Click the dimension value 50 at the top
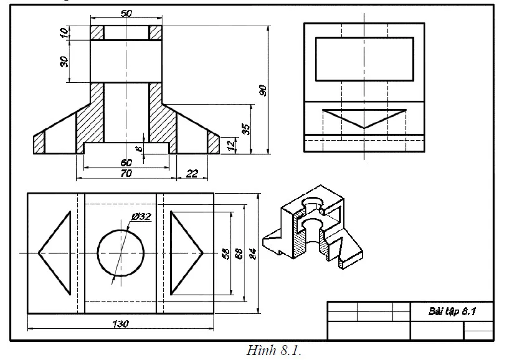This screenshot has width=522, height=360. [126, 13]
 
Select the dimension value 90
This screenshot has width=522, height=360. [263, 90]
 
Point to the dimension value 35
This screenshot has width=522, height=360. [246, 130]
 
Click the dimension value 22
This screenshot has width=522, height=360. [192, 174]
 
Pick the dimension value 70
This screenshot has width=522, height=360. [126, 174]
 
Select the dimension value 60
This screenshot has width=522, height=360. [126, 163]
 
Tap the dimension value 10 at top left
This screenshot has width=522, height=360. [64, 32]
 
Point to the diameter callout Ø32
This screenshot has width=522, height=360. [141, 216]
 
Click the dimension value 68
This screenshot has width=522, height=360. [238, 253]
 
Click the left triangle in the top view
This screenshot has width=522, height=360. [56, 253]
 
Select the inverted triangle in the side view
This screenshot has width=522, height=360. [364, 117]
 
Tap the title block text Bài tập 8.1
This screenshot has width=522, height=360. [452, 311]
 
